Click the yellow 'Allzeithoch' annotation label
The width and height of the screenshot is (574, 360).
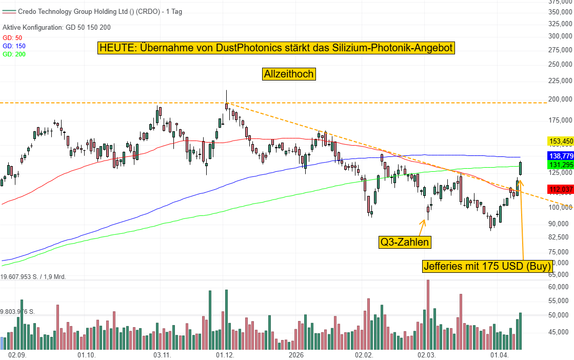click(289, 74)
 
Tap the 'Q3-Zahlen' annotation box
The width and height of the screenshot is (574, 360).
click(404, 242)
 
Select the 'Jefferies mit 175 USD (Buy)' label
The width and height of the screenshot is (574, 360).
click(487, 267)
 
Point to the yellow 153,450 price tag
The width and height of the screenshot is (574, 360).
click(560, 141)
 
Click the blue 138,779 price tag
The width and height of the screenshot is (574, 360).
click(560, 155)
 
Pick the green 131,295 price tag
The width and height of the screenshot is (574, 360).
click(560, 165)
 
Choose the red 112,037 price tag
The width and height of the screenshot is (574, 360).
click(560, 189)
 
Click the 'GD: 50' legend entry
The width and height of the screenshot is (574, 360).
click(12, 38)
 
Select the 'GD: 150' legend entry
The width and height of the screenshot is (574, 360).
click(14, 46)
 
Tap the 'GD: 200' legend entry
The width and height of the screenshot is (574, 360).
click(14, 54)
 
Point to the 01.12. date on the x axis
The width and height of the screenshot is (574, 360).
click(225, 355)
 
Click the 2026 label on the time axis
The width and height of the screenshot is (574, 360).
click(296, 355)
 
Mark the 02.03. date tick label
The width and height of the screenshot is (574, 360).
click(426, 355)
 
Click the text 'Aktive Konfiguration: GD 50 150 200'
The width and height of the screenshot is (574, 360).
click(56, 27)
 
